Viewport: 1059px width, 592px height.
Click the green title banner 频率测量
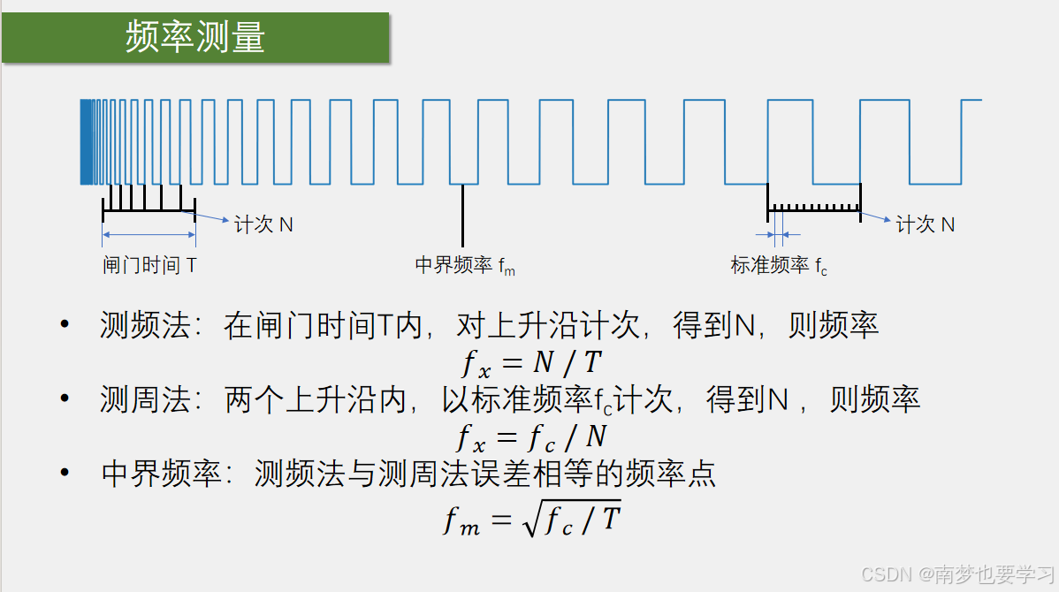(x=195, y=38)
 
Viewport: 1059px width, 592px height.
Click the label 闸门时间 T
(x=149, y=265)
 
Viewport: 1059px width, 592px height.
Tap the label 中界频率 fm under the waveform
(x=465, y=265)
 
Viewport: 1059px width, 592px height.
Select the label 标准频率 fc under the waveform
(x=779, y=265)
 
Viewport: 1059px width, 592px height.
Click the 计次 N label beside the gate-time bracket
(x=263, y=224)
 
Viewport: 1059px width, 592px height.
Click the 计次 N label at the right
(x=925, y=224)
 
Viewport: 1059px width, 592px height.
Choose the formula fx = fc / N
(x=531, y=436)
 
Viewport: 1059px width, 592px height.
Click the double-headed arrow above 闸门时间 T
(x=149, y=235)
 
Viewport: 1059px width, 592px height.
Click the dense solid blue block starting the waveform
(x=87, y=141)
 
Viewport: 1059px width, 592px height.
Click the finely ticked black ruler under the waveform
(x=813, y=209)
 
